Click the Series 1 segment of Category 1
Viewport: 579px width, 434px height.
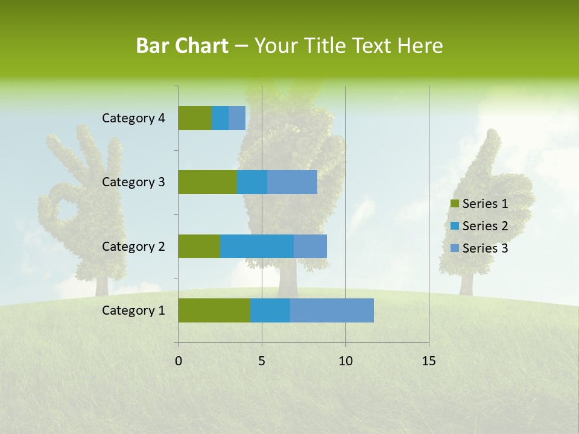coord(214,310)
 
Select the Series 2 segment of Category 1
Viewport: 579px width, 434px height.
coord(270,310)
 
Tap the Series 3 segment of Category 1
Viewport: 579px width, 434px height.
coord(332,310)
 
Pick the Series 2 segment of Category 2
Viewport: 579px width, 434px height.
coord(257,246)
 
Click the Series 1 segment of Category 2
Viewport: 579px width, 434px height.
coord(199,246)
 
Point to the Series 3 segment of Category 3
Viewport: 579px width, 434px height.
coord(292,182)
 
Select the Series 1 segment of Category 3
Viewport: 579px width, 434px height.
coord(207,182)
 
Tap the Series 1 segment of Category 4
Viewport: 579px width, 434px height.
coord(195,118)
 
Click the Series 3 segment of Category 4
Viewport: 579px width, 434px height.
coord(237,118)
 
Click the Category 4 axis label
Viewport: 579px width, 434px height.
coord(133,118)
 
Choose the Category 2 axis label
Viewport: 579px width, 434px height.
coord(133,246)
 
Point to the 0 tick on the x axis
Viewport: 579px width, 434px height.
coord(179,361)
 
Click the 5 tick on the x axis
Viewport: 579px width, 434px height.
coord(262,361)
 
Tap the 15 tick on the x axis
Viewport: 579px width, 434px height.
coord(429,361)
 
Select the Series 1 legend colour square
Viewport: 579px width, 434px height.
coord(454,204)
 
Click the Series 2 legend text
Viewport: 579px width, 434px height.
coord(485,226)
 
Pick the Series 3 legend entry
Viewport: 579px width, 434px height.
coord(479,248)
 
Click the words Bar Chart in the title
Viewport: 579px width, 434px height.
coord(182,46)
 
